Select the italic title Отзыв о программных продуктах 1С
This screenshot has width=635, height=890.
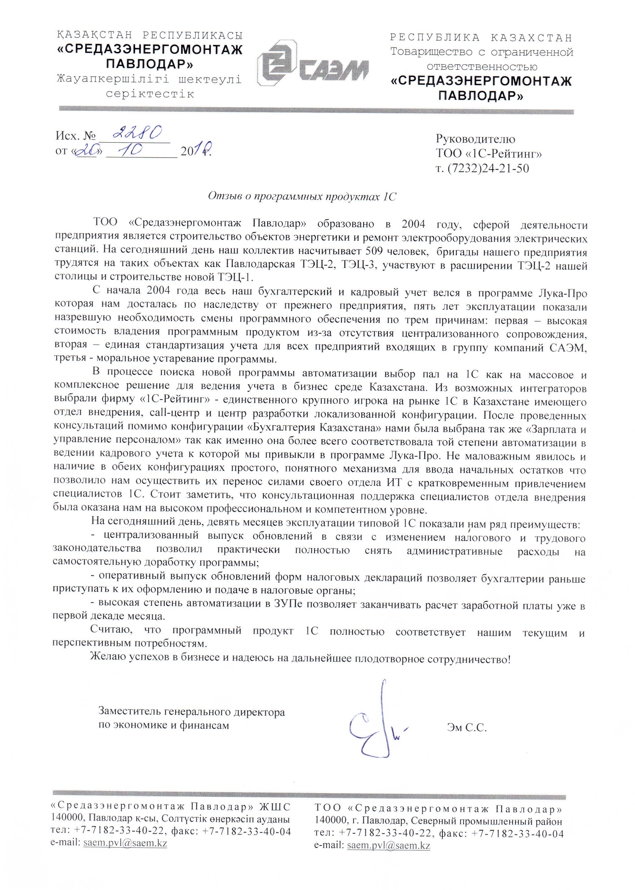pos(302,197)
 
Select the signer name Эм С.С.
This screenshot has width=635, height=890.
pos(467,728)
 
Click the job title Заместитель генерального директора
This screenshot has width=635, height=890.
pos(191,712)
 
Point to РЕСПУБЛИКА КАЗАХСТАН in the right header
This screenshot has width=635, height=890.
pos(481,38)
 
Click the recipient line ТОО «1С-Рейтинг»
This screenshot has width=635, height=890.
pos(489,154)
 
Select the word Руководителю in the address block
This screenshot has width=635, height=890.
pos(475,139)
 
